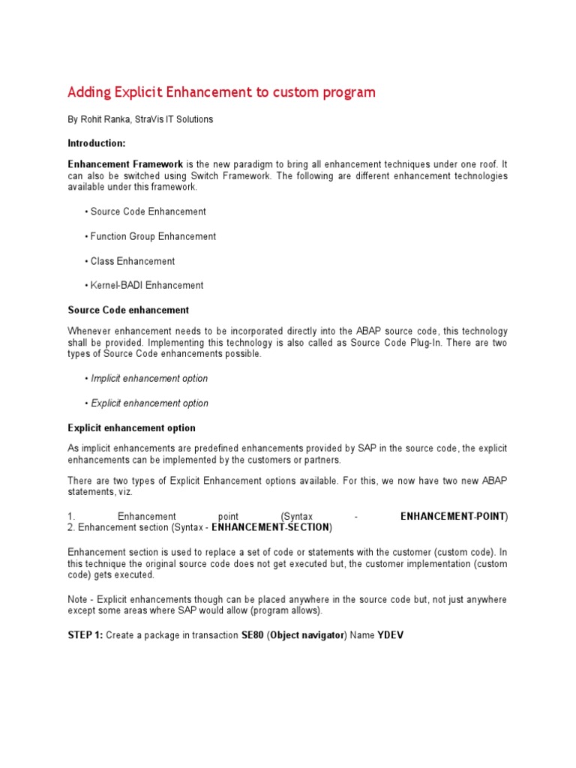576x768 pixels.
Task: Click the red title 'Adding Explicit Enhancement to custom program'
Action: [x=221, y=92]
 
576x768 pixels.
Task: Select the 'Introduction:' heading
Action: [x=97, y=142]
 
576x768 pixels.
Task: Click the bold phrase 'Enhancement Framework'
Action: [x=125, y=163]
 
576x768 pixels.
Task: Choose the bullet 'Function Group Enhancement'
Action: [x=153, y=236]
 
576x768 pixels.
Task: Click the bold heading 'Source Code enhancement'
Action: [x=128, y=310]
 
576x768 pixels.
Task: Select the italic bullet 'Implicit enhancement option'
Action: [x=149, y=379]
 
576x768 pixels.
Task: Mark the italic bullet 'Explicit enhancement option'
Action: [x=149, y=403]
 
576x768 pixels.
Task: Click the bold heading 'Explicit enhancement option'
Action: [x=131, y=427]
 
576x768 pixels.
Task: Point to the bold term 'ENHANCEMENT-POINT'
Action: [x=452, y=517]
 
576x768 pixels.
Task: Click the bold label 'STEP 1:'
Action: [x=85, y=634]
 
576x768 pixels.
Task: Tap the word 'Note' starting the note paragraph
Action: [x=78, y=600]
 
